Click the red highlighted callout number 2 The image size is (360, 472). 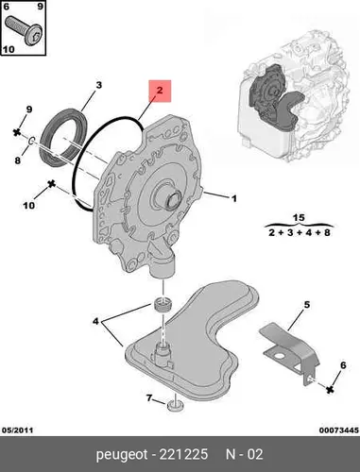(x=160, y=91)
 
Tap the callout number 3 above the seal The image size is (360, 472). (x=99, y=85)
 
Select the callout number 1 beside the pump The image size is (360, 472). (x=234, y=198)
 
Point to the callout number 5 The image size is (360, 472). (x=307, y=305)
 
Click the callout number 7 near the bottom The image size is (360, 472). (x=149, y=398)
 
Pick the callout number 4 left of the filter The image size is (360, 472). (x=95, y=321)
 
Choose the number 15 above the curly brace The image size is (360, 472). (x=299, y=217)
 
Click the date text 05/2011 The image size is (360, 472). (x=17, y=430)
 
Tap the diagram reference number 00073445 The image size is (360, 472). (x=339, y=430)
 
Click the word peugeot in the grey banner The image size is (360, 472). (x=122, y=454)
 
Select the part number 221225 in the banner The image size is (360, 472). (x=183, y=454)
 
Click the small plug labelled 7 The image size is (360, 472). (x=175, y=406)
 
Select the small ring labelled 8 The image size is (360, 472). (x=32, y=142)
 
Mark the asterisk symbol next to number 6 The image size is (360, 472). (x=330, y=390)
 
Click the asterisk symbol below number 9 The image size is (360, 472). (x=17, y=132)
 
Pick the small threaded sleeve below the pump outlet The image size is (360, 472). (x=163, y=304)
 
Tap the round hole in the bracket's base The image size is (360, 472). (x=279, y=357)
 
